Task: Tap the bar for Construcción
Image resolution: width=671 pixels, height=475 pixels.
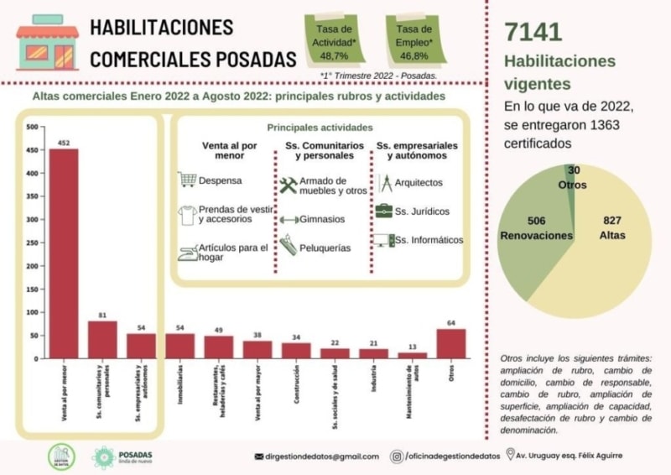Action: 296,350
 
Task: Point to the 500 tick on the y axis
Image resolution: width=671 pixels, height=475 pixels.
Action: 33,128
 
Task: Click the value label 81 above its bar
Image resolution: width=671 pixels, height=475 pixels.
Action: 102,316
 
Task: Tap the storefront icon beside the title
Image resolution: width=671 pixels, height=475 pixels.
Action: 47,42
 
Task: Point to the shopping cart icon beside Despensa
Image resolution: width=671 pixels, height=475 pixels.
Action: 187,180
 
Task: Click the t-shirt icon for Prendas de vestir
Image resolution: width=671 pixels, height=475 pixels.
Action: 187,214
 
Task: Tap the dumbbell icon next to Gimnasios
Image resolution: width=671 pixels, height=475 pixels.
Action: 289,220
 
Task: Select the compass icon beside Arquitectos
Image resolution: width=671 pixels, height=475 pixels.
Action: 385,182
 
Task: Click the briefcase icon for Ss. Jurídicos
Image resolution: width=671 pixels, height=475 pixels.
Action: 383,211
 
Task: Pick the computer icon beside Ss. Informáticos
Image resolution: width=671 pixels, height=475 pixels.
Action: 383,240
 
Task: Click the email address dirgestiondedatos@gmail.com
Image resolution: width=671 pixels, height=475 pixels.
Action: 322,457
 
